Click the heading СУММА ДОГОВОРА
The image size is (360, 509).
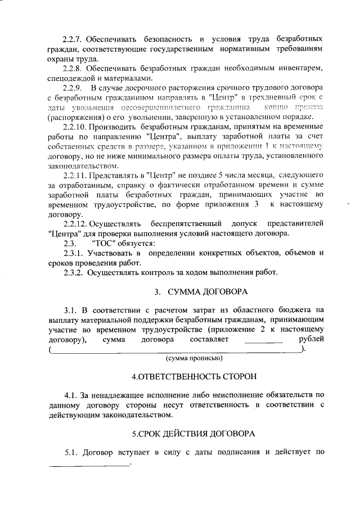[x=199, y=291]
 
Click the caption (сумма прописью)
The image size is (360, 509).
[x=193, y=358]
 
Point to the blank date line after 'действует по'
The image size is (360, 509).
[x=89, y=465]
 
